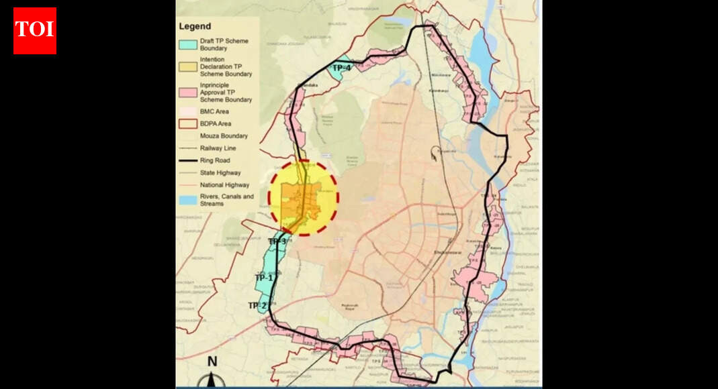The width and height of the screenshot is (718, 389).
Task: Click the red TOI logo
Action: (x=35, y=31)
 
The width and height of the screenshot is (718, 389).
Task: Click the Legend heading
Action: (x=195, y=27)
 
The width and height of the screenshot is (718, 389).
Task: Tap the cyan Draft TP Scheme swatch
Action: (x=188, y=44)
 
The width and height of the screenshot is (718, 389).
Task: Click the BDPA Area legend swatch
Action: (x=188, y=123)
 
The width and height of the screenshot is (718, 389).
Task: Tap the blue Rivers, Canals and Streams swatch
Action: (x=188, y=200)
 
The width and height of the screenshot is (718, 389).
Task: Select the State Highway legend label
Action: (x=219, y=172)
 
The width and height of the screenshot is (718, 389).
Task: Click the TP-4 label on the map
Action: (x=342, y=68)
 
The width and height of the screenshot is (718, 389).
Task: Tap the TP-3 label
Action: (x=277, y=241)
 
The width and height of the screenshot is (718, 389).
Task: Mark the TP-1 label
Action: (x=264, y=278)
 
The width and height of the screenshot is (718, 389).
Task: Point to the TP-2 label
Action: (x=257, y=306)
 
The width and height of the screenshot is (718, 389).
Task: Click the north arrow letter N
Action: (x=212, y=362)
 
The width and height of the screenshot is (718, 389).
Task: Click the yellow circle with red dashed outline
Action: (x=304, y=197)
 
